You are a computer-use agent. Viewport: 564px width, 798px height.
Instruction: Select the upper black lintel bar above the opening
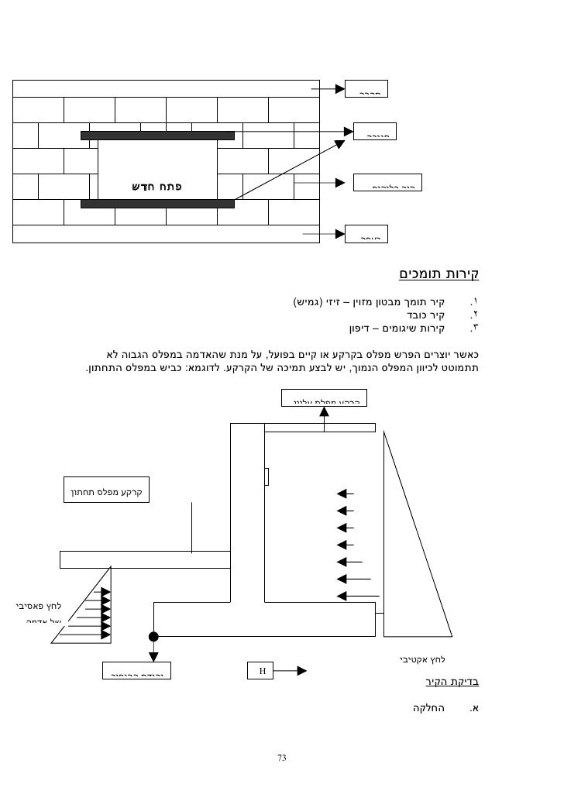pyautogui.click(x=157, y=136)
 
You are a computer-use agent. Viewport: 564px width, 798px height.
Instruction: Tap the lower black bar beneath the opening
pyautogui.click(x=157, y=204)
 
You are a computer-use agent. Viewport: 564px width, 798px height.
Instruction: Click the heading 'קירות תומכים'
pyautogui.click(x=439, y=273)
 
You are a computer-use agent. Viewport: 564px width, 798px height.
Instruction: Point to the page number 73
pyautogui.click(x=282, y=758)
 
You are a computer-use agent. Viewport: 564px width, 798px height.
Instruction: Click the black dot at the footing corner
pyautogui.click(x=153, y=637)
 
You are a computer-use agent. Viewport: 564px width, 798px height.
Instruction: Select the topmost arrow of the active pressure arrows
pyautogui.click(x=346, y=493)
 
